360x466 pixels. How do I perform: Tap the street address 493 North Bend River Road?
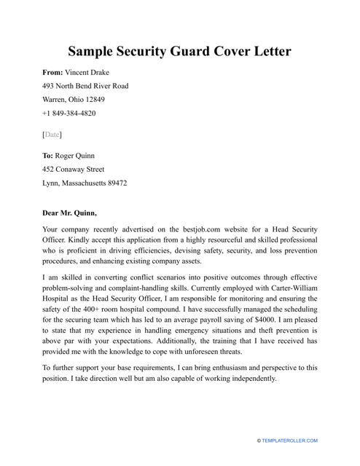click(85, 86)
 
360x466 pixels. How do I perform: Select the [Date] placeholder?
click(52, 135)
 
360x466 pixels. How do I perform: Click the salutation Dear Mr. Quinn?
click(70, 213)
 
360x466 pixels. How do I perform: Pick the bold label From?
click(52, 73)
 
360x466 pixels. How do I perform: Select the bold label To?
click(48, 156)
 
